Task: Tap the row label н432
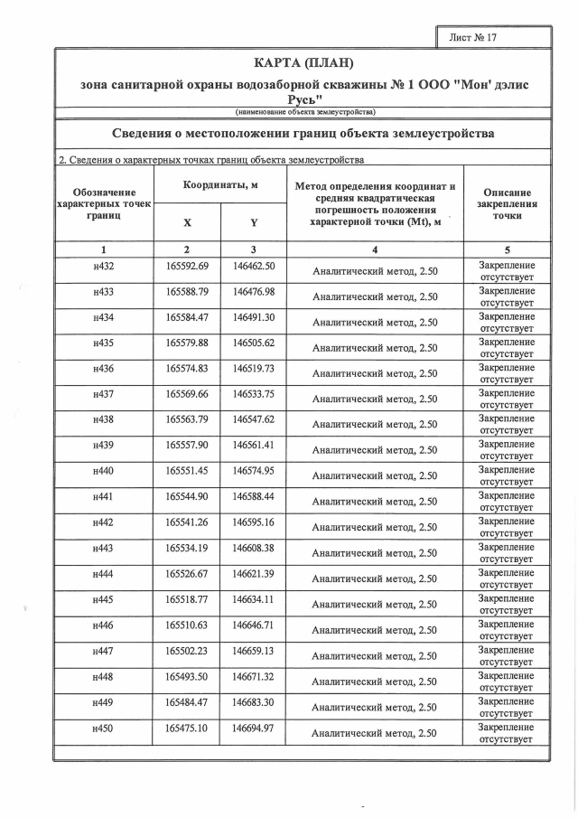click(104, 267)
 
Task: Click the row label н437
click(104, 394)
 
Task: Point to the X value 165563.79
click(188, 419)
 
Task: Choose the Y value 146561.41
click(253, 445)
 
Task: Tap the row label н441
click(104, 496)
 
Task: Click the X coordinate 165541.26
click(188, 522)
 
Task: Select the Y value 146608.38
click(253, 548)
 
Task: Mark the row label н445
click(104, 599)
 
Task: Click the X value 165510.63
click(188, 625)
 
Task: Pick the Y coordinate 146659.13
click(253, 650)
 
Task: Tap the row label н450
click(104, 728)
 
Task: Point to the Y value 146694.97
click(253, 728)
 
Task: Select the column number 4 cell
click(374, 249)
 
